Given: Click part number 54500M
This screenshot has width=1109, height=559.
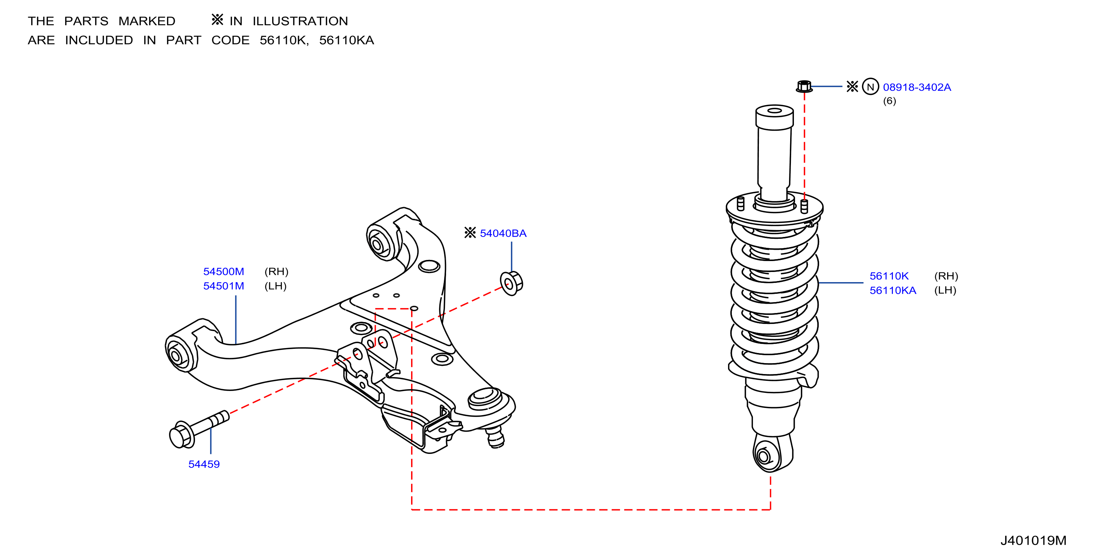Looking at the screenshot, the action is pyautogui.click(x=224, y=272).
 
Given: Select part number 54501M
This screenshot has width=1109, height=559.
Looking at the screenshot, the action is pyautogui.click(x=224, y=286).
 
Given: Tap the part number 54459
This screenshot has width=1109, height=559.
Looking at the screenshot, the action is pyautogui.click(x=204, y=464).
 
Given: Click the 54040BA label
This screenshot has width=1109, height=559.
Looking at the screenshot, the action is pyautogui.click(x=503, y=234).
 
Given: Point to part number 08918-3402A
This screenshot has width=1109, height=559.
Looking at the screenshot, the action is pyautogui.click(x=917, y=87).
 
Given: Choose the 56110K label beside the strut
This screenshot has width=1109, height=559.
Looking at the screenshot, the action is pyautogui.click(x=889, y=276).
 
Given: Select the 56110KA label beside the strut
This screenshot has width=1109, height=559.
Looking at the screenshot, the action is pyautogui.click(x=893, y=290).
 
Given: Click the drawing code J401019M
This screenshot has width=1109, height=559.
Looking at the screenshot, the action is pyautogui.click(x=1033, y=541).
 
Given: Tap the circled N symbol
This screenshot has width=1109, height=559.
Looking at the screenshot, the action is pyautogui.click(x=870, y=87).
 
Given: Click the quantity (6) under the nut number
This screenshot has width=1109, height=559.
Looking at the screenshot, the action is pyautogui.click(x=890, y=101).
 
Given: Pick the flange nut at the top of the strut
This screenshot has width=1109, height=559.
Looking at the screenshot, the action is pyautogui.click(x=804, y=86).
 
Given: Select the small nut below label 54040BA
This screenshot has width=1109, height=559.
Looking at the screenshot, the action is pyautogui.click(x=512, y=283).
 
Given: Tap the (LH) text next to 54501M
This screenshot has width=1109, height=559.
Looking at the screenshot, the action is pyautogui.click(x=276, y=286).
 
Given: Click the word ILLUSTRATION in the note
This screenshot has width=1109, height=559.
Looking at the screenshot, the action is pyautogui.click(x=300, y=21).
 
